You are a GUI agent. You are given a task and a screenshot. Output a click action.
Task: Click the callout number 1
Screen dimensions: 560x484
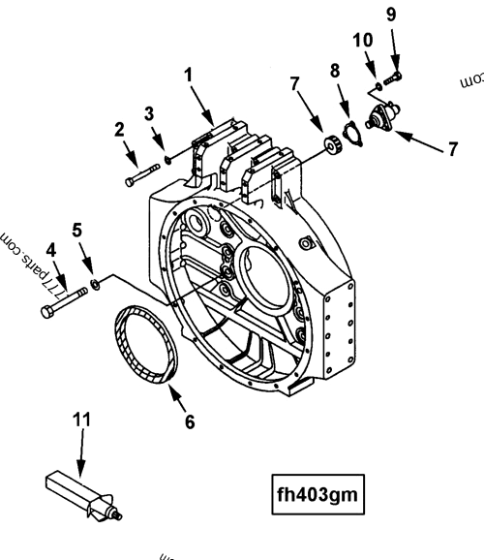(190, 73)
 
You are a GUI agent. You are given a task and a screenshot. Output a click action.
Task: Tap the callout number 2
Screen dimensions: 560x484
(119, 128)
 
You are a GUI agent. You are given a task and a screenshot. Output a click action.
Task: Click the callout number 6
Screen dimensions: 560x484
(190, 421)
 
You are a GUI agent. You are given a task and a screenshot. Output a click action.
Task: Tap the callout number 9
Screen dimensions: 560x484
(392, 15)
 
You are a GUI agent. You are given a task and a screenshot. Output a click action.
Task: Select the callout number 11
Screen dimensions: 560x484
(81, 419)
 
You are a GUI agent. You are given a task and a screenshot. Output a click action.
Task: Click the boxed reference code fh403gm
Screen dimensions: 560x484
(318, 494)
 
